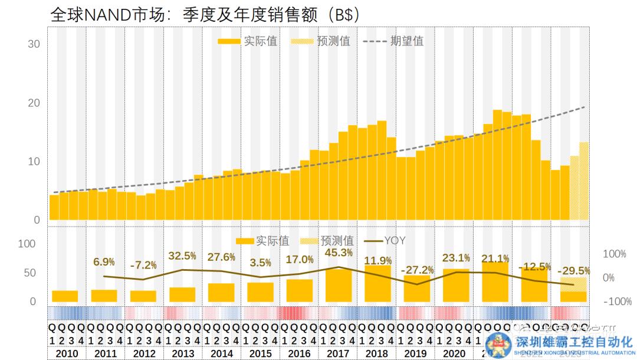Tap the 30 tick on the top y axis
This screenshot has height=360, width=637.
[x=34, y=44]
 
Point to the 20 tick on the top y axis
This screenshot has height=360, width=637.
[x=34, y=103]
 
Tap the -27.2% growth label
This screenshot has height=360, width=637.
[x=417, y=270]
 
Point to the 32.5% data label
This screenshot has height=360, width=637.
[x=182, y=256]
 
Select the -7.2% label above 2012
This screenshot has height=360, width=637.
[x=143, y=265]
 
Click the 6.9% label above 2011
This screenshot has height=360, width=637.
[x=104, y=261]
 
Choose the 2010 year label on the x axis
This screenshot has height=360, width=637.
[x=65, y=354]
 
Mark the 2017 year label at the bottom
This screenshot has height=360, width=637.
[x=338, y=354]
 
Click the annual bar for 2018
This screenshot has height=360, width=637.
[x=377, y=284]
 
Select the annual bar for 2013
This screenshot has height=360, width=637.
[x=182, y=294]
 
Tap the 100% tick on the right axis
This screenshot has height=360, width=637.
[x=614, y=254]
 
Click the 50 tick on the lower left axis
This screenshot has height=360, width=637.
[x=29, y=273]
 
